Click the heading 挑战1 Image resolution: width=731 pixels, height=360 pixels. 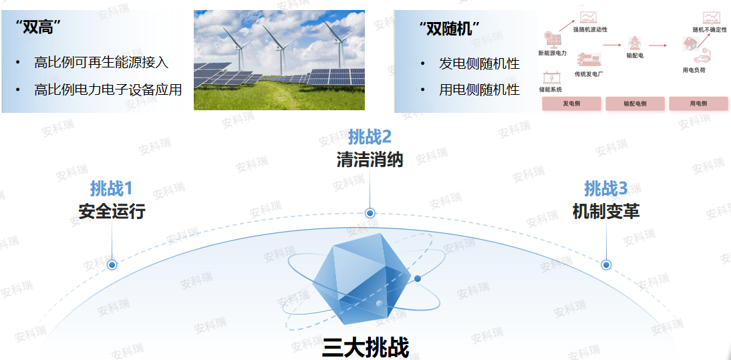tap(112, 188)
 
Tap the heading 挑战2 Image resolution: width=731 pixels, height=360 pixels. tap(370, 137)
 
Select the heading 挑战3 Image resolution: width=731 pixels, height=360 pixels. tap(605, 188)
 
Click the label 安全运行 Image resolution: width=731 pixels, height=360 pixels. tap(112, 212)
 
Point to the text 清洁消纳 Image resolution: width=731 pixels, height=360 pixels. tap(370, 160)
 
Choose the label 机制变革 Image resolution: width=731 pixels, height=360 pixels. tap(605, 212)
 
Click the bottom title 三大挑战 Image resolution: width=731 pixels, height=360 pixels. tap(365, 347)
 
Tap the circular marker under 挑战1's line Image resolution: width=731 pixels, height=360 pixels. tap(112, 265)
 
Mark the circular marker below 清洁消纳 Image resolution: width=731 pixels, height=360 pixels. tap(370, 213)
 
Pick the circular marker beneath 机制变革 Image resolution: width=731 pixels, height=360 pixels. tap(606, 264)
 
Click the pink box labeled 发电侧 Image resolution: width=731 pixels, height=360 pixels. tap(571, 104)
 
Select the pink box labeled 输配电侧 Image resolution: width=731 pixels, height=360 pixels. tap(635, 104)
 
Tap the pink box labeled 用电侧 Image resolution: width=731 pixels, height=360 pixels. tap(698, 104)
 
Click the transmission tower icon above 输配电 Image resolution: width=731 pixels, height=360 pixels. tap(634, 43)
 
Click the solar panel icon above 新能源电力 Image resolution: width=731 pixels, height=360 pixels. tap(552, 39)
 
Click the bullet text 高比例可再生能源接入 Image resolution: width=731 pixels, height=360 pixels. tap(101, 63)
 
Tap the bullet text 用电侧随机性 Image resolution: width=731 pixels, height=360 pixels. tap(478, 89)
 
